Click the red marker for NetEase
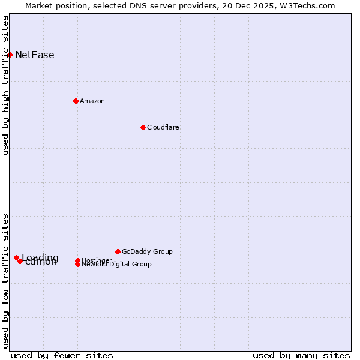10,55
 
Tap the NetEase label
35,55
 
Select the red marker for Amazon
76,101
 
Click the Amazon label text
92,101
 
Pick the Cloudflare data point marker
143,127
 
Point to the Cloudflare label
163,127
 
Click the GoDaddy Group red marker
118,251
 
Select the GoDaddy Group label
147,251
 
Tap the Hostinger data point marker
77,260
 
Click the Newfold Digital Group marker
77,265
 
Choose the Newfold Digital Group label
117,265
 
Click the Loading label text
40,258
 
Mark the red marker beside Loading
16,257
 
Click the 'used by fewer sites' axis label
62,356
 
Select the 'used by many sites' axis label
301,356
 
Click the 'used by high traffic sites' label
5,85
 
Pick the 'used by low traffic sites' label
5,281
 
